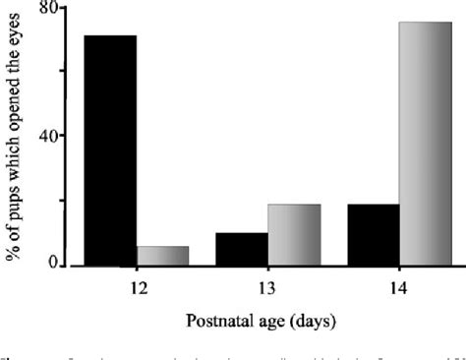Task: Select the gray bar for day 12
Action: point(163,256)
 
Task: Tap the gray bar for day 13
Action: point(293,235)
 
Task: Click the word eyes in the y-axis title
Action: point(20,36)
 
